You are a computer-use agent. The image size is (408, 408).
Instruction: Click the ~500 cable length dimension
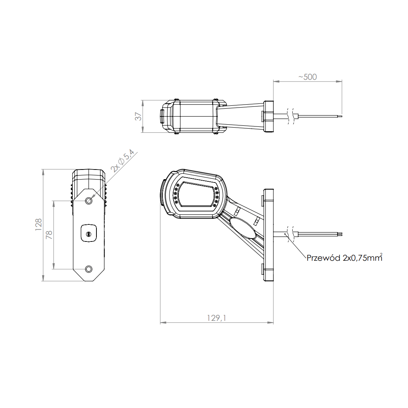307,77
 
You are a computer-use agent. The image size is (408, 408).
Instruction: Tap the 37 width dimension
138,116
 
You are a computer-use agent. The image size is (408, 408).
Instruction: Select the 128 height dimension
39,224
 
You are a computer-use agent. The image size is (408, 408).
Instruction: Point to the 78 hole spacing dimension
49,235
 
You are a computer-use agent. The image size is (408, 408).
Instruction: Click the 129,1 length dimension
217,318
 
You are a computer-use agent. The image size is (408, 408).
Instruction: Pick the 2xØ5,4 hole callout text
122,161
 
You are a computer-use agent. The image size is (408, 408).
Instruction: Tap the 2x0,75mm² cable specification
363,257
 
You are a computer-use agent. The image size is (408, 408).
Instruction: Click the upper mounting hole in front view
89,201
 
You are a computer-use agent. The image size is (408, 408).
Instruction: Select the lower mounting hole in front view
89,269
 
